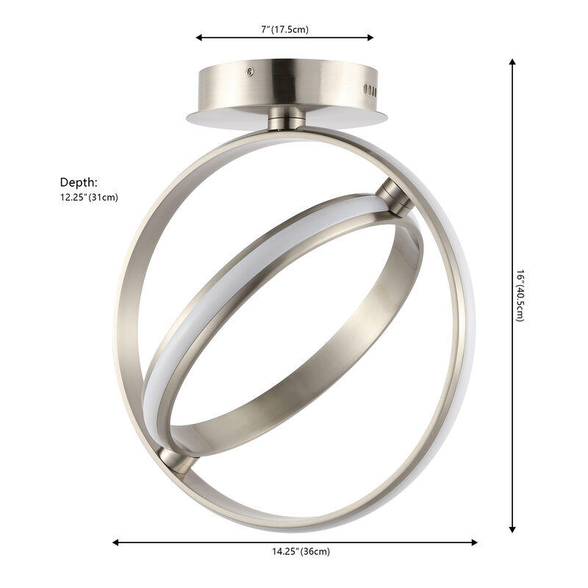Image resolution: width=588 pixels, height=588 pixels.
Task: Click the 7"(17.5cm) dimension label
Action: tap(284, 30)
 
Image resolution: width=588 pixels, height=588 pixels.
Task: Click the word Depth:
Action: tap(79, 182)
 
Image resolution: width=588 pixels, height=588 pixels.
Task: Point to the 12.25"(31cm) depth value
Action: tap(89, 197)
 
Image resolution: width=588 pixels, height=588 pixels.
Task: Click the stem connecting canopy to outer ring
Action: tap(287, 117)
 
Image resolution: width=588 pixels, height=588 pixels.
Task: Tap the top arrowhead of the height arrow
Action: tap(512, 63)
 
